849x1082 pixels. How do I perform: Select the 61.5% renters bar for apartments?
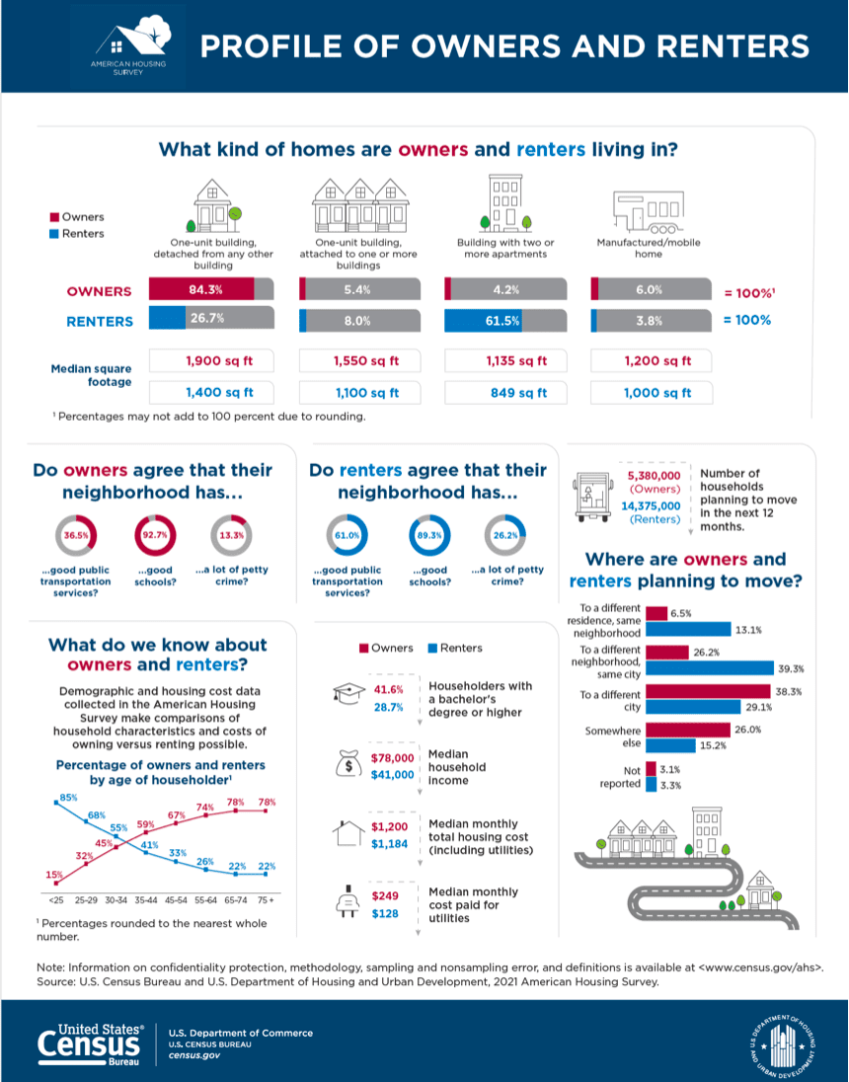coord(483,321)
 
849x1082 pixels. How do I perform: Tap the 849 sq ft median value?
coord(505,392)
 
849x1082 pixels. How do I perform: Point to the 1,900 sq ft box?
coord(210,361)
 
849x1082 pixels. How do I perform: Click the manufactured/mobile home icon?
coord(647,209)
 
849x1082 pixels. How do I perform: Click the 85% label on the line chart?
coord(68,796)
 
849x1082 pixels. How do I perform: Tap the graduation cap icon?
coord(351,694)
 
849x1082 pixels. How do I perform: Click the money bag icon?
coord(350,766)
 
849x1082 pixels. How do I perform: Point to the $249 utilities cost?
coord(385,895)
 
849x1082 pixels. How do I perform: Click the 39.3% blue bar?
coord(708,667)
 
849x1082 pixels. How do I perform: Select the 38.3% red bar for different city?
coord(708,690)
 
